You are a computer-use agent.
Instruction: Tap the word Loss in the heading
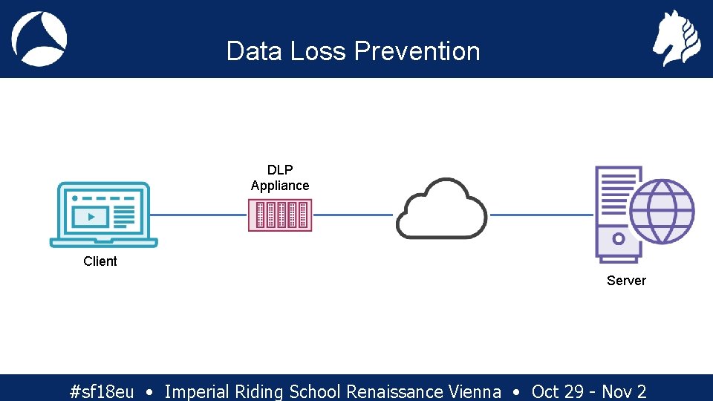pos(319,51)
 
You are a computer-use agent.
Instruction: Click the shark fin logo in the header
pos(39,39)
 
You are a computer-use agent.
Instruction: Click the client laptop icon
pos(103,215)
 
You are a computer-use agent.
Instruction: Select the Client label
pos(100,261)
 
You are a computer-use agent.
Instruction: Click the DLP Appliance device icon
pos(280,215)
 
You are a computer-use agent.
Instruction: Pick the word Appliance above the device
pos(280,186)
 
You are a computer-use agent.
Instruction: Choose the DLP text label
pos(280,170)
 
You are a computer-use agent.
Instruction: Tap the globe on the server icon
pos(661,211)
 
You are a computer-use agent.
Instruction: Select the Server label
pos(626,281)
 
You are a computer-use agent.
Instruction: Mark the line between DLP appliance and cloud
pos(353,215)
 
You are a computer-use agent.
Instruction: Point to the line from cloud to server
pos(542,215)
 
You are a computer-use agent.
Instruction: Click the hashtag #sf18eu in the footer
pos(102,391)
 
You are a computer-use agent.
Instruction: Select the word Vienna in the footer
pos(475,391)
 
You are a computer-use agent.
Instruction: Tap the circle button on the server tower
pos(618,240)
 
